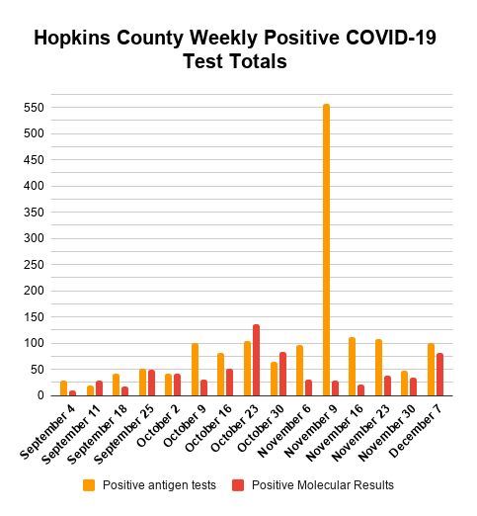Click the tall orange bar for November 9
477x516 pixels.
pos(326,250)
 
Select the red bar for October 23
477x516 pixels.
pos(256,360)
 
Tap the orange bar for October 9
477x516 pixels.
pos(195,370)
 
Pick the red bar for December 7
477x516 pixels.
pos(439,375)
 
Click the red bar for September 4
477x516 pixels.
pos(72,393)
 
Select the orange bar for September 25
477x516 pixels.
pos(142,383)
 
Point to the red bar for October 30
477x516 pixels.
pos(282,374)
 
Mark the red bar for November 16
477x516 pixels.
pos(361,390)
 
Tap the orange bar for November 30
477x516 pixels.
pos(404,384)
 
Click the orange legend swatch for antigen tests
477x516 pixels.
pos(89,485)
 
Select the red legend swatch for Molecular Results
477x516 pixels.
pos(238,485)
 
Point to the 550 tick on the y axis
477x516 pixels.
pos(34,108)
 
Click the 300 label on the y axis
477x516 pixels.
pos(34,238)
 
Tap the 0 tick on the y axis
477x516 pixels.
pos(40,395)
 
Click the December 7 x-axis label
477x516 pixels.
pos(416,431)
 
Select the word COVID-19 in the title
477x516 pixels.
pos(391,38)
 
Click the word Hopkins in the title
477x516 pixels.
pos(72,38)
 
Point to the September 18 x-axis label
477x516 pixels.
pos(97,434)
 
